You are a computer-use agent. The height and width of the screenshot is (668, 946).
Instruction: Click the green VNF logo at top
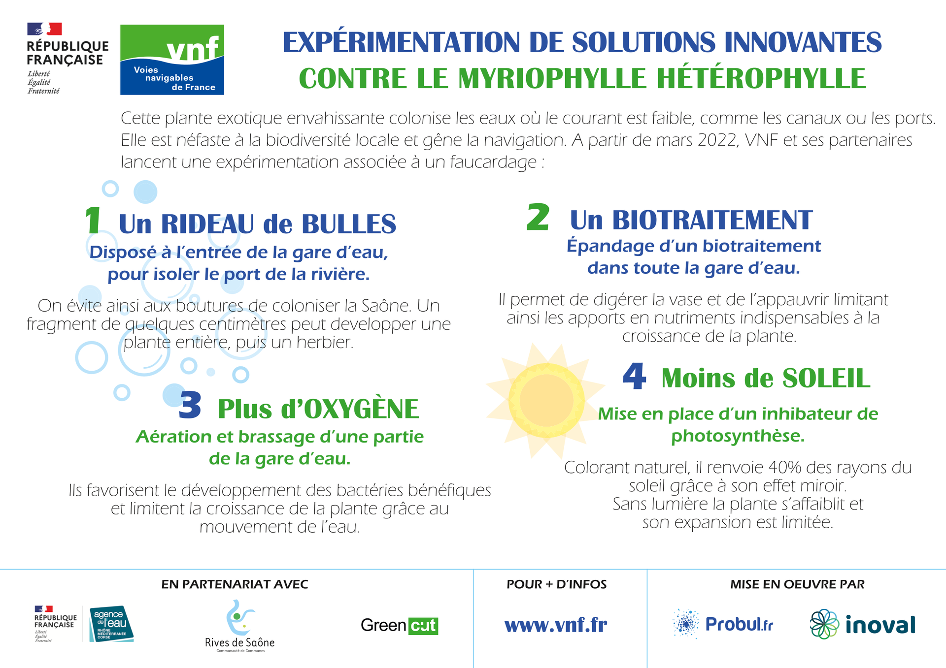click(172, 60)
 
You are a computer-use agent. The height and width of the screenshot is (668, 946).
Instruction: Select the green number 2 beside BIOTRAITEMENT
click(538, 217)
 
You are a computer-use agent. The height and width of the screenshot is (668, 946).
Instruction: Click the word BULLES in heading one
click(349, 224)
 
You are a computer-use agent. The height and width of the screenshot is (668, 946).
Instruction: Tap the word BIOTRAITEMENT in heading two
click(712, 220)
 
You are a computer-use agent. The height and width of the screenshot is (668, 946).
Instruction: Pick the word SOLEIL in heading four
click(826, 378)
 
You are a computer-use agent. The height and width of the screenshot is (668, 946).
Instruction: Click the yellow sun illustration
click(546, 401)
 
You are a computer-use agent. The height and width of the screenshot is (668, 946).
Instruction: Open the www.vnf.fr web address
click(556, 625)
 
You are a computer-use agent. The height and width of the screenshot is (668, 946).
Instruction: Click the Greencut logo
click(400, 625)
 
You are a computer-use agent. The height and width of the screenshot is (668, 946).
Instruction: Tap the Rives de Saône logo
click(239, 626)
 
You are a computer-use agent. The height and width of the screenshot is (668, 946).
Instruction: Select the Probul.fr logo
click(723, 624)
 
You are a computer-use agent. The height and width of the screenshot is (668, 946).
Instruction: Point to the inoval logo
click(863, 624)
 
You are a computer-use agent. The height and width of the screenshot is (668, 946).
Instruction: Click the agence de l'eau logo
click(111, 624)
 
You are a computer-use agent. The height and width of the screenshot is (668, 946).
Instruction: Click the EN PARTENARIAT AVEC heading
click(235, 584)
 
